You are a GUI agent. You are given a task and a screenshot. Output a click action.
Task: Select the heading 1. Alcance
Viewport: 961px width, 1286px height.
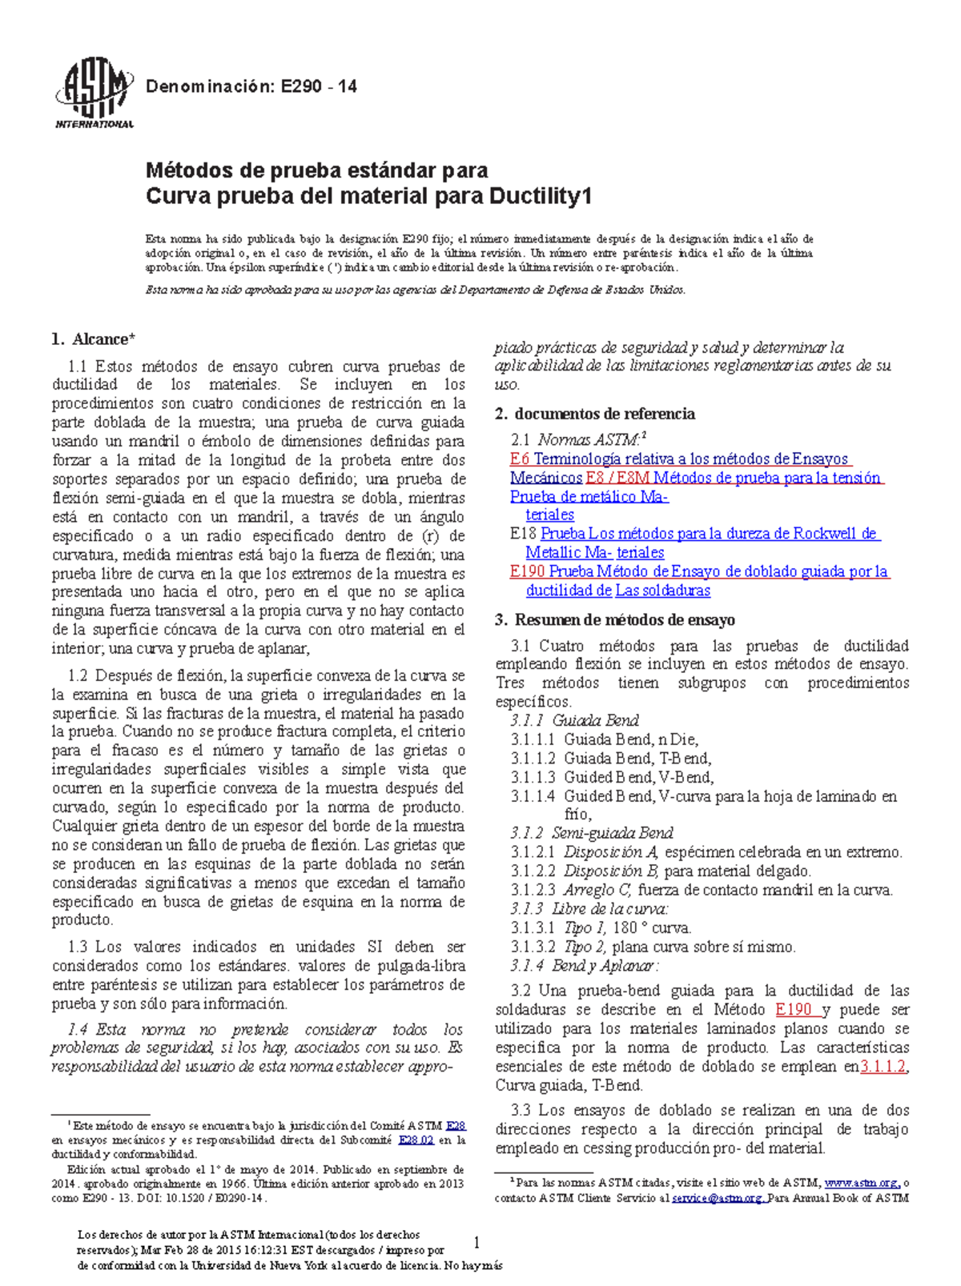click(93, 339)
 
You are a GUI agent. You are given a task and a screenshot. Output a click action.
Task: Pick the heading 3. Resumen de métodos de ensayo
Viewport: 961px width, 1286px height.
click(614, 619)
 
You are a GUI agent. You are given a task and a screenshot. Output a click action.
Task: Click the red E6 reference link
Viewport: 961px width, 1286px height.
click(519, 459)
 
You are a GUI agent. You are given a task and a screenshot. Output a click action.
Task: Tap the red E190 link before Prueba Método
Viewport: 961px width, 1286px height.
click(527, 571)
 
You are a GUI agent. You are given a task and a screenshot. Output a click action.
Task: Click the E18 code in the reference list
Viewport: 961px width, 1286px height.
click(523, 534)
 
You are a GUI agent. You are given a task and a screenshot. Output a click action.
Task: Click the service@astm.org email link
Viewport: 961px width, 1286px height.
click(718, 1198)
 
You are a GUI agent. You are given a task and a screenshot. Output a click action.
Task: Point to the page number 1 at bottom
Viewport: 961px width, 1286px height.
click(477, 1243)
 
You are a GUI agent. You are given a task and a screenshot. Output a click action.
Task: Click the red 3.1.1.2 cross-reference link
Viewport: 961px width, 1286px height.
click(883, 1067)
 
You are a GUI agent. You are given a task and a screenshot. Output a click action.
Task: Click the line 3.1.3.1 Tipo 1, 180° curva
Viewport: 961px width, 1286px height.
click(601, 928)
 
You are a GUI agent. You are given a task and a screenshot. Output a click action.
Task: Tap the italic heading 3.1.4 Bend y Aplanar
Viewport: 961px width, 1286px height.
click(585, 966)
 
